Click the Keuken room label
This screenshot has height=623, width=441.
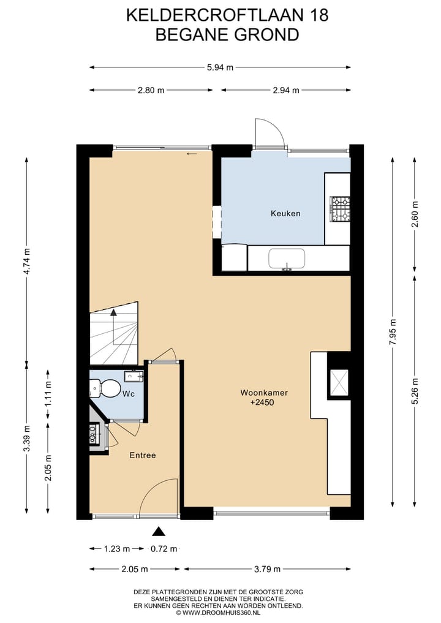[285, 214]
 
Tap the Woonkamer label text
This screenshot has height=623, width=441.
[264, 393]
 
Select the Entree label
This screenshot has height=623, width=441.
[142, 455]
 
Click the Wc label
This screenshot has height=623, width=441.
[129, 393]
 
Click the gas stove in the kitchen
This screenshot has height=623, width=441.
[340, 208]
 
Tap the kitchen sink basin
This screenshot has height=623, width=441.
[287, 259]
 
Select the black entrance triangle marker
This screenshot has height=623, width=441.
[159, 532]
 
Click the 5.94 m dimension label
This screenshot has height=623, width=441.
[220, 67]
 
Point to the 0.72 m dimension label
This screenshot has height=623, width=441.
[164, 549]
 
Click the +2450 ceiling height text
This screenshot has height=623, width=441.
[264, 403]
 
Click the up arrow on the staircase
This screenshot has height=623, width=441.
[113, 314]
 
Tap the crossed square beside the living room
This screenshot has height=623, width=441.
[339, 382]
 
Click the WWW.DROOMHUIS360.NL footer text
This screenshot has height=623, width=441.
[221, 612]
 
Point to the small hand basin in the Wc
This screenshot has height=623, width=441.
[133, 376]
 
